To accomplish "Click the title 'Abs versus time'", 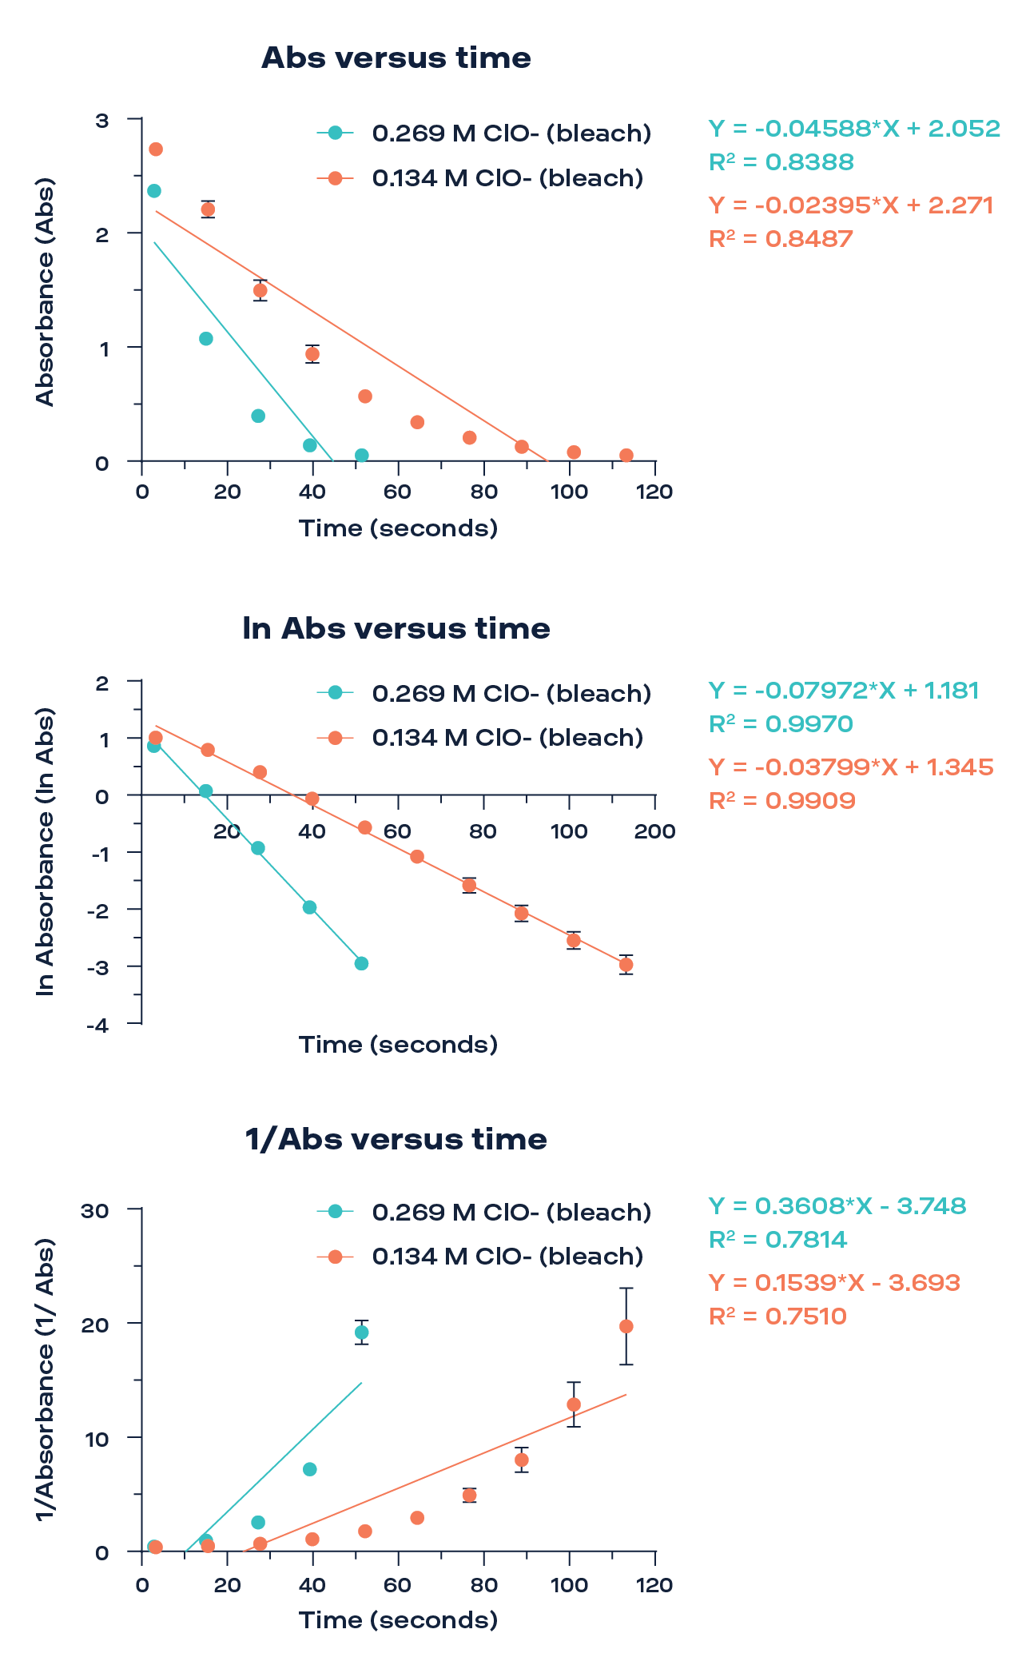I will point(396,58).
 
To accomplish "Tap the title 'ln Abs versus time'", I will point(396,629).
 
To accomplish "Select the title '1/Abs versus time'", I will point(396,1139).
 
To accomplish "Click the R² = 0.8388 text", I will point(781,162).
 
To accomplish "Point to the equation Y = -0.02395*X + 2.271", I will point(851,205).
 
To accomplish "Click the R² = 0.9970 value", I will point(781,724).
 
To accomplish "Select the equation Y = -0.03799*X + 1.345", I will point(851,767).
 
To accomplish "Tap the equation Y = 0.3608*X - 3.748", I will point(837,1205).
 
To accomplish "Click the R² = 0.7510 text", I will point(777,1316).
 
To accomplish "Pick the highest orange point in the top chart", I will point(156,149).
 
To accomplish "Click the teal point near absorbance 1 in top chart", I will point(206,339).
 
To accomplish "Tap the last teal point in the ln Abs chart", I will point(361,963).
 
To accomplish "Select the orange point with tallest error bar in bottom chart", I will point(626,1326).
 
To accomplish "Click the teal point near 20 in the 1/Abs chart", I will point(362,1332).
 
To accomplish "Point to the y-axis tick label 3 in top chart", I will point(101,121).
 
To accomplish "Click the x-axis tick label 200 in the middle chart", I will point(654,831).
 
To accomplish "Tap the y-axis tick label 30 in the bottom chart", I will point(94,1210).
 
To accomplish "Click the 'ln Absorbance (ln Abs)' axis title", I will point(46,851).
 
